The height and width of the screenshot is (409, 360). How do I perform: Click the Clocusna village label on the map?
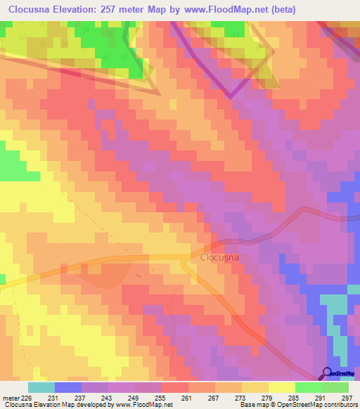[x=220, y=257]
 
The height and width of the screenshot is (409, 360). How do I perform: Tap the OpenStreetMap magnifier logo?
[x=327, y=373]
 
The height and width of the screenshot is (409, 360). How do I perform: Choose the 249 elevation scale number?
[x=134, y=398]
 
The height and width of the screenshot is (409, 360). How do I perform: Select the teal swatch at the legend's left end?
[x=41, y=387]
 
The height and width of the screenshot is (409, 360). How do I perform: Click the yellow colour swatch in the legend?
[x=281, y=387]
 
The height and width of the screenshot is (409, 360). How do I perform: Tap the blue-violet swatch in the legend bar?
[x=68, y=387]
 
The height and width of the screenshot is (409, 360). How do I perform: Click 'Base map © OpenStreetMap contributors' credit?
[x=297, y=405]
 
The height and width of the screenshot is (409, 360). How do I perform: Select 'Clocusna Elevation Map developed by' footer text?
[x=53, y=405]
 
